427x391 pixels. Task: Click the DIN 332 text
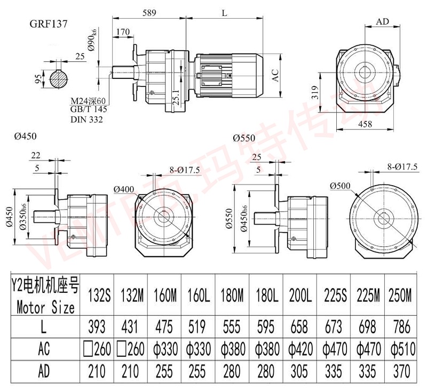87,119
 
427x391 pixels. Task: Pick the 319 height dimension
314,95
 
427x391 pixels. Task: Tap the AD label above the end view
382,22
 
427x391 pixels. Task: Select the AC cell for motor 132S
96,349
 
